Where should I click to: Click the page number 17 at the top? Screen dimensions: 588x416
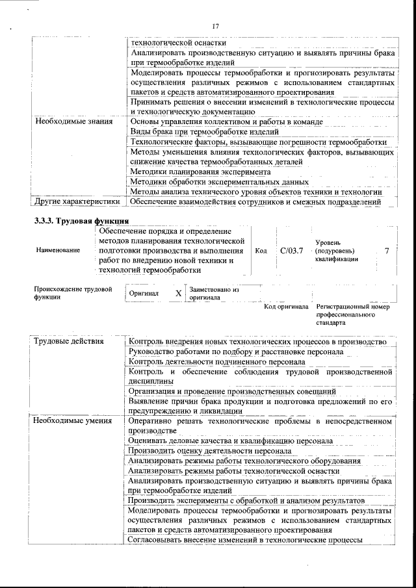pyautogui.click(x=217, y=25)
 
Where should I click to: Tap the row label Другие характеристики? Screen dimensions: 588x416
pyautogui.click(x=77, y=202)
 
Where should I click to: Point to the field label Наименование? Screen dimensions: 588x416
pyautogui.click(x=59, y=250)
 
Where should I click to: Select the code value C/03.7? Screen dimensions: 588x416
pyautogui.click(x=292, y=250)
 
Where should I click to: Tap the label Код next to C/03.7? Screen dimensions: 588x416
pyautogui.click(x=261, y=250)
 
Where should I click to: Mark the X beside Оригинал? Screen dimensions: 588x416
pyautogui.click(x=178, y=294)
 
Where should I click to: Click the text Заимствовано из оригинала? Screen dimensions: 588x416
pyautogui.click(x=214, y=294)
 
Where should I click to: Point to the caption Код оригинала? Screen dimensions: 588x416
pyautogui.click(x=285, y=307)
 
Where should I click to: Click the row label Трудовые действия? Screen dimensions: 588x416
pyautogui.click(x=68, y=342)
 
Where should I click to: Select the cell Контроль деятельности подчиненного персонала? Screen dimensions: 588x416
pyautogui.click(x=216, y=362)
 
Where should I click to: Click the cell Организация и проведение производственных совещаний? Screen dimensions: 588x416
pyautogui.click(x=232, y=392)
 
